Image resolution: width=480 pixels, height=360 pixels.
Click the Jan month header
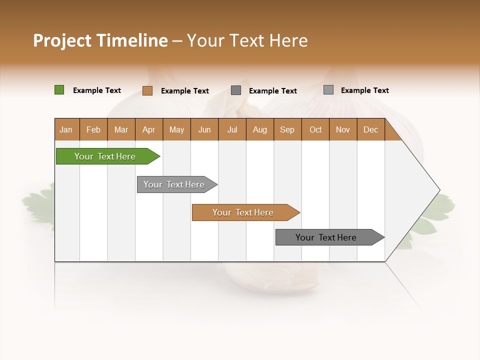tap(66, 129)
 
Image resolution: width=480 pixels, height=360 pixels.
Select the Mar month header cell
tap(121, 129)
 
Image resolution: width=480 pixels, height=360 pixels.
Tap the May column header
tap(176, 129)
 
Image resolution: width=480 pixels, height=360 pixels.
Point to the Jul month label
tap(232, 129)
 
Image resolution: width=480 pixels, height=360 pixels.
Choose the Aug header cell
tap(259, 129)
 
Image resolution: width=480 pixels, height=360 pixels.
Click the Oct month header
tap(315, 129)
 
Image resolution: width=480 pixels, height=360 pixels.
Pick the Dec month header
tap(370, 129)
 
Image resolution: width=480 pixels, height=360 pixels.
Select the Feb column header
tap(93, 129)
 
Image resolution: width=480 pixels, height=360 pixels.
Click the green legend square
tap(59, 90)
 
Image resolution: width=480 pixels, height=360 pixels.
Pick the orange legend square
tap(147, 90)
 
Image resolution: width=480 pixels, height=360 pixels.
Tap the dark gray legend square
tap(236, 90)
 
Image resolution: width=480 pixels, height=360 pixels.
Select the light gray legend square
tap(328, 90)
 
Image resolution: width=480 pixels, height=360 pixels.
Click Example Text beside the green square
tap(96, 90)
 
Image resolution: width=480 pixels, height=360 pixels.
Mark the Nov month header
tap(342, 129)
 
